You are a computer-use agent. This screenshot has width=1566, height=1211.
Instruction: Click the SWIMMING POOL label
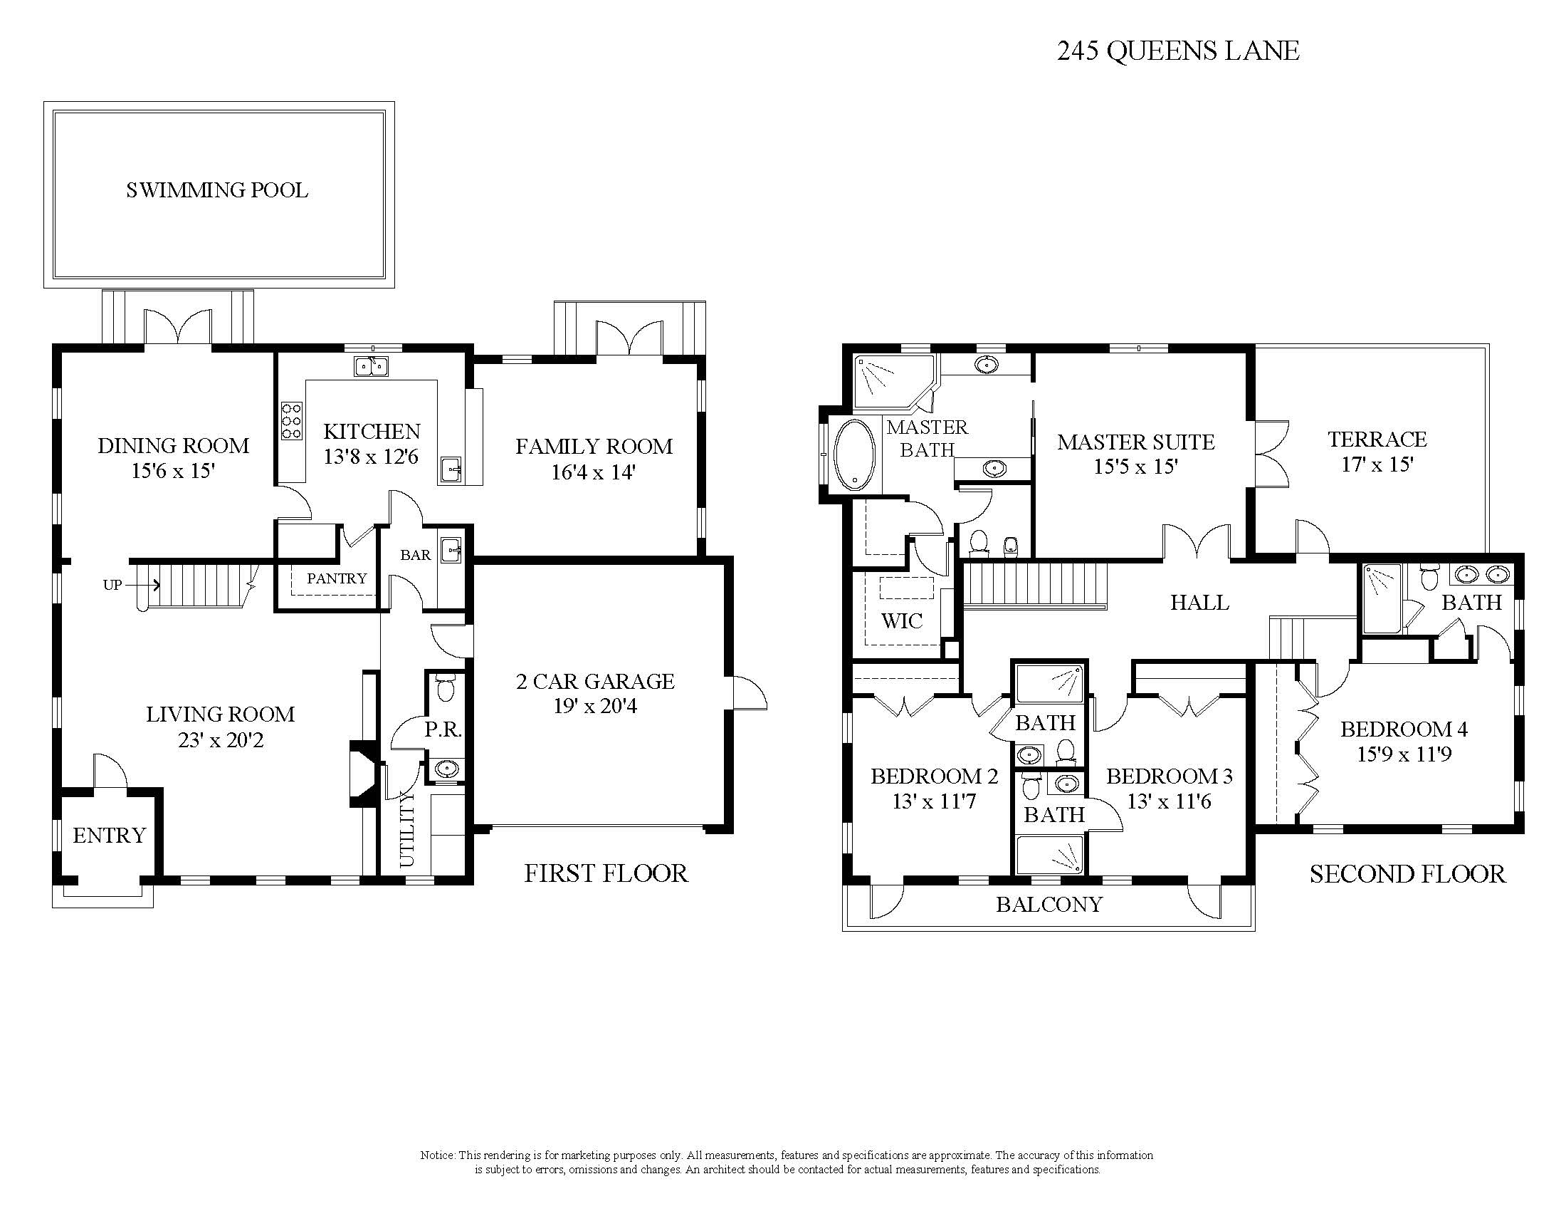(x=217, y=190)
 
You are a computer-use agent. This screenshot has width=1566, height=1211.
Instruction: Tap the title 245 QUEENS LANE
(x=1178, y=51)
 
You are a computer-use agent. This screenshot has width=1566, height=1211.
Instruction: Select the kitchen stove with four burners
(x=292, y=420)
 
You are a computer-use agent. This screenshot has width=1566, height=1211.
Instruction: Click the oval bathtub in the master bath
(x=853, y=455)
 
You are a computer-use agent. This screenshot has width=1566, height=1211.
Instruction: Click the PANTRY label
(x=337, y=578)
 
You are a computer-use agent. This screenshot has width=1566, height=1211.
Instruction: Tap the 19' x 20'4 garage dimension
(x=595, y=706)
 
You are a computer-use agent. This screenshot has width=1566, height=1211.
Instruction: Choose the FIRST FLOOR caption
(x=606, y=873)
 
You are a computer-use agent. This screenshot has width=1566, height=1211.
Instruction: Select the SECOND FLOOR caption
(x=1407, y=874)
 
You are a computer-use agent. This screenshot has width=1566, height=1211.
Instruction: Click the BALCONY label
(x=1049, y=905)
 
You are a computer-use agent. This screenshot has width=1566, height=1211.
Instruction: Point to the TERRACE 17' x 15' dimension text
(x=1377, y=464)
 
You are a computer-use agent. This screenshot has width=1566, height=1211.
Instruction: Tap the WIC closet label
(x=902, y=620)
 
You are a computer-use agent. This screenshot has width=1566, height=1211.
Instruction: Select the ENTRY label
(x=109, y=835)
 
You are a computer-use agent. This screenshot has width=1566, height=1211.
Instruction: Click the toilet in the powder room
(x=446, y=688)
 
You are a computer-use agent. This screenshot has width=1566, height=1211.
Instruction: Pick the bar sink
(x=452, y=550)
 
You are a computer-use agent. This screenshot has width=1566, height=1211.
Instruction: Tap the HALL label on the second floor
(x=1199, y=603)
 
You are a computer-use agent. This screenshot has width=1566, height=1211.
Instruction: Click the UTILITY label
(x=406, y=829)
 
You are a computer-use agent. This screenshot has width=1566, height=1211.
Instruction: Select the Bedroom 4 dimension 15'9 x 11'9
(x=1404, y=754)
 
